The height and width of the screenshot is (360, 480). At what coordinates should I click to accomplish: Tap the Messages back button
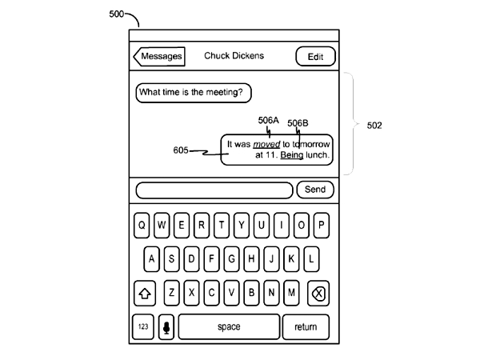[x=160, y=56]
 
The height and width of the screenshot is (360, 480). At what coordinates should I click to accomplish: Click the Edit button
[x=315, y=56]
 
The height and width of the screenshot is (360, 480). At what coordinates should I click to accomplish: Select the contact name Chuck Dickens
[x=234, y=56]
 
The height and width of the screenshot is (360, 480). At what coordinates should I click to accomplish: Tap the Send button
[x=315, y=190]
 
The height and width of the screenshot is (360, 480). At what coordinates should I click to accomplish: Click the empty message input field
[x=214, y=190]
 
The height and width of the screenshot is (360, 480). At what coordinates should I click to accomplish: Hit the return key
[x=306, y=326]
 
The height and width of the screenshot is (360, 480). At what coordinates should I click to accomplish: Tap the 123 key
[x=143, y=326]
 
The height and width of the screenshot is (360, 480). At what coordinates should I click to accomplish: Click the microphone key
[x=166, y=326]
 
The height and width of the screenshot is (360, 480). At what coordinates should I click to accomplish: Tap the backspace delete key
[x=318, y=294]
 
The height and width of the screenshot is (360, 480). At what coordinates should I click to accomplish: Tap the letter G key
[x=231, y=260]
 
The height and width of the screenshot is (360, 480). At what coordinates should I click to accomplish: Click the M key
[x=292, y=294]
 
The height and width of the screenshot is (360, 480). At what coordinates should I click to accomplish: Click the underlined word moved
[x=266, y=145]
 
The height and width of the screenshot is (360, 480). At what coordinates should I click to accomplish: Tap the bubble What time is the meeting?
[x=193, y=93]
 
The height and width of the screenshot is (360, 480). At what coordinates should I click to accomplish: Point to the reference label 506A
[x=268, y=121]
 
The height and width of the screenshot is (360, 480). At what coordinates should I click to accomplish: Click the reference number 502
[x=374, y=126]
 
